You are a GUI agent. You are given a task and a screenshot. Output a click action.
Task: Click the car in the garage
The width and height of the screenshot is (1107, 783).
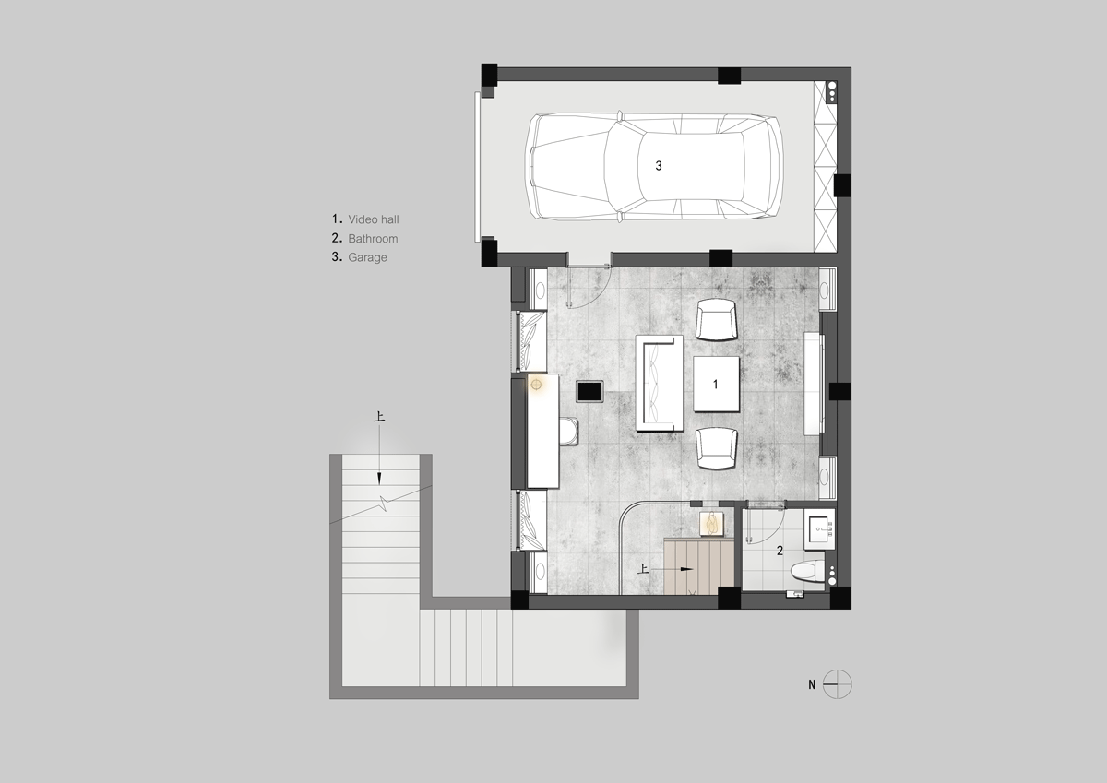[654, 167]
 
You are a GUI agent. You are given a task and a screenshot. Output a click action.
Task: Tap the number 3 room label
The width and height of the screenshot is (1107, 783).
[659, 166]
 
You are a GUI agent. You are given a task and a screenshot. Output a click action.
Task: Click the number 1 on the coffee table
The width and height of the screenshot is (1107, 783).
[715, 384]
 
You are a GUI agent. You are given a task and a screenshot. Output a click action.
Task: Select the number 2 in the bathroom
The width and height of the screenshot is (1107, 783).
[780, 551]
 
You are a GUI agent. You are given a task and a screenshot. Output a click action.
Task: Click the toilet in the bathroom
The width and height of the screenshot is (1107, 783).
[808, 572]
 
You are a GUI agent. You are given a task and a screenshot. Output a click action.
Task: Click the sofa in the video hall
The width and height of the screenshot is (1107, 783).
[660, 383]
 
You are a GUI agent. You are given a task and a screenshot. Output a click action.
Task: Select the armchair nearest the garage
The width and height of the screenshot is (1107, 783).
[717, 320]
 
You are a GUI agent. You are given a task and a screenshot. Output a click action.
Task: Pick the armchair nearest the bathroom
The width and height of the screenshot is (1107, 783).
[717, 448]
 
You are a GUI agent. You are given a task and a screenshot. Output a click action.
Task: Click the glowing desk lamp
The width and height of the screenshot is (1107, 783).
[536, 385]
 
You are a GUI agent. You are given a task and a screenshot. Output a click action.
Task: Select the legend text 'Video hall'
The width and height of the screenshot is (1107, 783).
[373, 219]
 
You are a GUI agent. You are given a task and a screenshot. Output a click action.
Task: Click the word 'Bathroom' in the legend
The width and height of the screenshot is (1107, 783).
[373, 239]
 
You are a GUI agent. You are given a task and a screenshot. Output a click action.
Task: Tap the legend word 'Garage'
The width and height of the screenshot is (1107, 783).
[367, 257]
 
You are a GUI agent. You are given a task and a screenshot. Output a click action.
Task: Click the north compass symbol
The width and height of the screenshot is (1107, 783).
[838, 684]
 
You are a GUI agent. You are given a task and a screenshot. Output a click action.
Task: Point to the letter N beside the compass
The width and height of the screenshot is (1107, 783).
[812, 684]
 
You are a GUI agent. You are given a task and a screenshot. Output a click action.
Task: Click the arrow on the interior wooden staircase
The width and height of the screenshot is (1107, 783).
[673, 569]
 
